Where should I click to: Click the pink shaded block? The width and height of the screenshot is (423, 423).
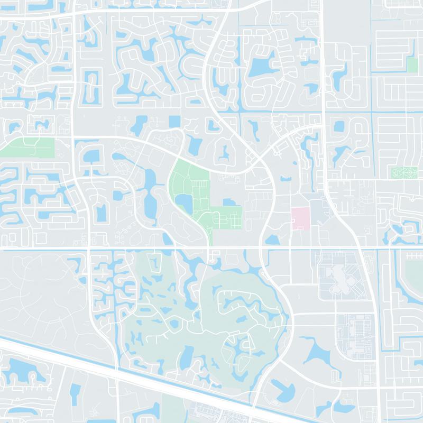(300, 218)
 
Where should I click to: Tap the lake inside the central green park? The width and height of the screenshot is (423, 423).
(185, 201)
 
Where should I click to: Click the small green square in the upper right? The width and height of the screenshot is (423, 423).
(412, 65)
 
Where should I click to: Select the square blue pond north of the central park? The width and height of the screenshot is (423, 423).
(174, 121)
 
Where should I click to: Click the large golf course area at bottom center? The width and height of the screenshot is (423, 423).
(212, 317)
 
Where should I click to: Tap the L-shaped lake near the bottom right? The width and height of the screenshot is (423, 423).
(283, 391)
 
